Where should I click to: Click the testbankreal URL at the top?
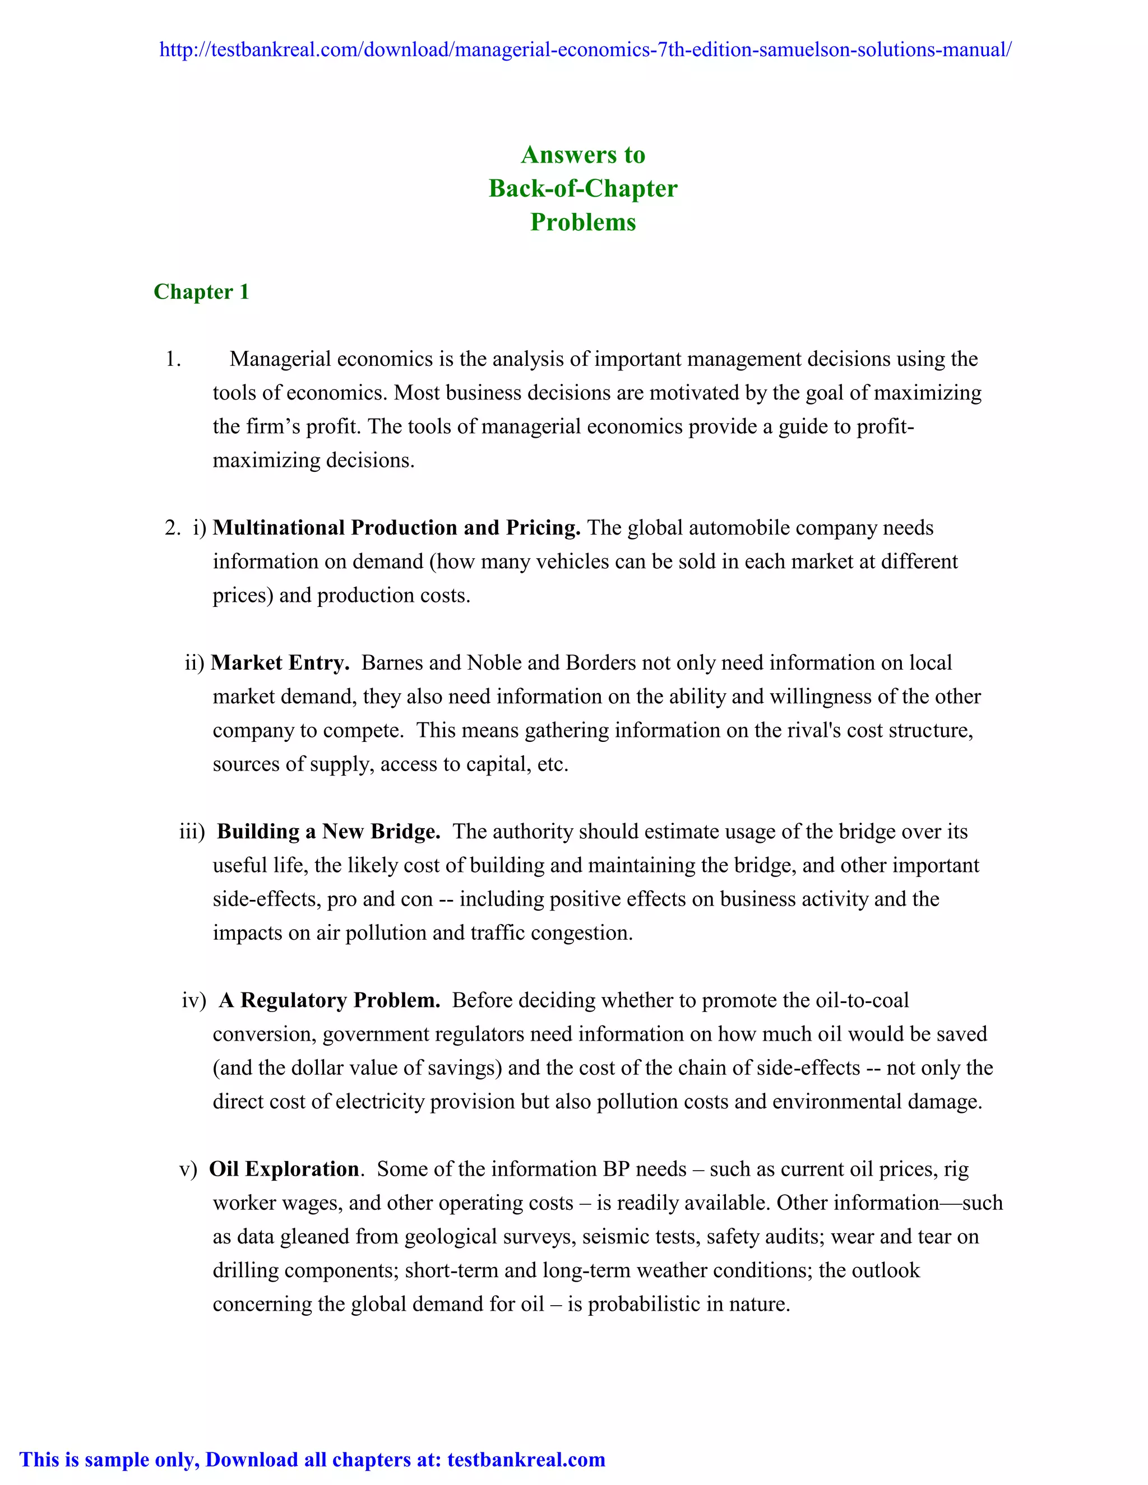click(585, 50)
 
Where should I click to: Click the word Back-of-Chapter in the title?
click(583, 188)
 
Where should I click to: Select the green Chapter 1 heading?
click(201, 292)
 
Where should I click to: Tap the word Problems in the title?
click(583, 222)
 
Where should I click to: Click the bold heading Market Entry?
click(280, 663)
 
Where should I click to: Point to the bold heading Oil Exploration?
click(284, 1170)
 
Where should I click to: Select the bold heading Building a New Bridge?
click(328, 832)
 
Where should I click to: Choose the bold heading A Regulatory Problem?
click(330, 1000)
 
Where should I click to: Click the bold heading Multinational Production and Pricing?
click(396, 528)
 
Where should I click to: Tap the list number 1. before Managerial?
click(173, 359)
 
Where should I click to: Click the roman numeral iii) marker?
click(192, 832)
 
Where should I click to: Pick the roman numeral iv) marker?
click(193, 1000)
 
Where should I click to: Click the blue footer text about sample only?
click(312, 1459)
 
